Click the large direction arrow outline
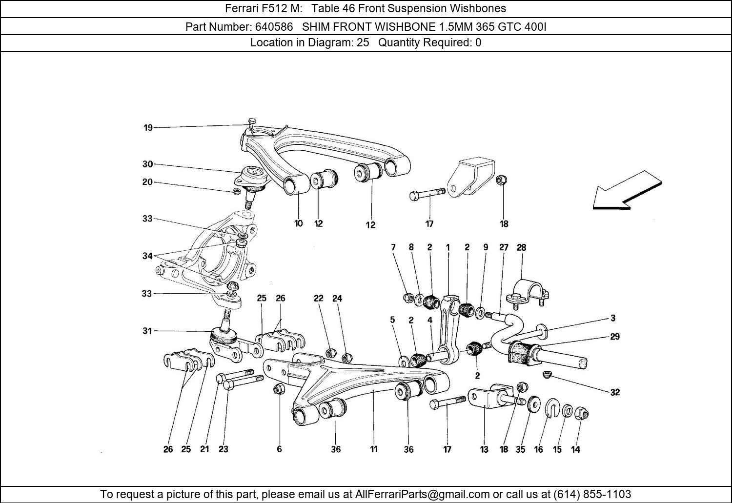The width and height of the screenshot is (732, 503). (627, 191)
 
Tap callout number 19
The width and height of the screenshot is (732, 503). (148, 128)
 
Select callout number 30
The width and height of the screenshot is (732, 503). (147, 164)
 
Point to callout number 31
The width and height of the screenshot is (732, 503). (147, 331)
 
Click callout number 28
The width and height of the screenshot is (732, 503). (521, 247)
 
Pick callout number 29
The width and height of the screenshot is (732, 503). (615, 337)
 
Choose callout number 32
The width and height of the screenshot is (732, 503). (615, 392)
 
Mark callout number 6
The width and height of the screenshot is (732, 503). (279, 449)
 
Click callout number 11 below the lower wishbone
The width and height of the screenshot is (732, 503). (373, 449)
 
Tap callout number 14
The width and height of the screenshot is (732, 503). (576, 449)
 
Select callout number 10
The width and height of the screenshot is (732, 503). (298, 223)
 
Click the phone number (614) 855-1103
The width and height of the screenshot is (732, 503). (592, 494)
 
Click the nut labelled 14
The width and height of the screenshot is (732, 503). (582, 414)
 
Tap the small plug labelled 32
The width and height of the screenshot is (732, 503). (547, 375)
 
